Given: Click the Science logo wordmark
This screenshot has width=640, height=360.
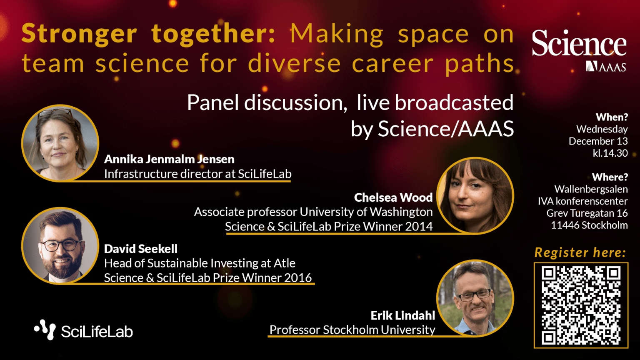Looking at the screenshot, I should point(579,43).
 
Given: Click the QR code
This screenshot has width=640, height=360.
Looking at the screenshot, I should point(581,305).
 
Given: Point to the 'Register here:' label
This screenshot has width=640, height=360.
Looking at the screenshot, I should point(580,252).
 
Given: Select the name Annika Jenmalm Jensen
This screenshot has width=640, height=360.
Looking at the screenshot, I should point(169,159).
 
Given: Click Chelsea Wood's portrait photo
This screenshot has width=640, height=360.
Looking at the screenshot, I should point(475,195).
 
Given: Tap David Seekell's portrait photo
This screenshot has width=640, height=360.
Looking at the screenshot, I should point(60,246).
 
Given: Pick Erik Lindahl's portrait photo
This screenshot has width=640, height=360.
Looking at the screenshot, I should point(475,298).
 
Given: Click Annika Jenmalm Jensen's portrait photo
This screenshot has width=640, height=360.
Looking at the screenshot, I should point(60,143).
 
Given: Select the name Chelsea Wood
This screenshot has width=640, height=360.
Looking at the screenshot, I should point(393,197).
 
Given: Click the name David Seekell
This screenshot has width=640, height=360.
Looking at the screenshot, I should point(141,249).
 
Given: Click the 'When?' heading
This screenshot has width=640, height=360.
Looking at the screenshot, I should point(612,117).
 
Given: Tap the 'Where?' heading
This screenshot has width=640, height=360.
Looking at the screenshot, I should point(610,177).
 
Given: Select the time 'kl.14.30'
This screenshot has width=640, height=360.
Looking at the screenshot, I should point(610,153).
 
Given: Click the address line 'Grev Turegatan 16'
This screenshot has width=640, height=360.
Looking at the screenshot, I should point(587,213).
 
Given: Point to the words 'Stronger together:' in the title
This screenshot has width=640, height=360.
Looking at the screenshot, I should point(148,33).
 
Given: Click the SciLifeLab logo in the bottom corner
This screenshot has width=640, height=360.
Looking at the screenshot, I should point(83,330).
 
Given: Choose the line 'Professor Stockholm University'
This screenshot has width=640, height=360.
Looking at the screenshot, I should point(352,330).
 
